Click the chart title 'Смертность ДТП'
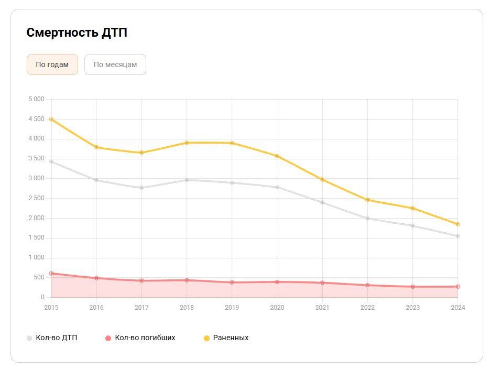pos(77,33)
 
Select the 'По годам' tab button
pos(52,64)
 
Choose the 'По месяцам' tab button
pos(115,64)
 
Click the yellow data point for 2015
pos(51,119)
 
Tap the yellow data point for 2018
pos(187,143)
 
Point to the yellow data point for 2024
pos(458,224)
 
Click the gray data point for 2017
pos(141,188)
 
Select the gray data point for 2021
pos(322,202)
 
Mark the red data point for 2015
pos(51,273)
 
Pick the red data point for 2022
pos(368,285)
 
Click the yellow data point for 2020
pos(277,156)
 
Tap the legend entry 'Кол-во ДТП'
pos(52,338)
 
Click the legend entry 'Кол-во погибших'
pos(140,338)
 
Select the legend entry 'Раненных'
pos(226,338)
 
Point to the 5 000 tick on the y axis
pos(36,99)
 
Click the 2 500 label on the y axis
pos(36,198)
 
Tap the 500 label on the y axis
pos(39,278)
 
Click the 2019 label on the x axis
pos(232,308)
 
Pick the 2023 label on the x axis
pos(413,308)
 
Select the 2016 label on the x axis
pos(96,308)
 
